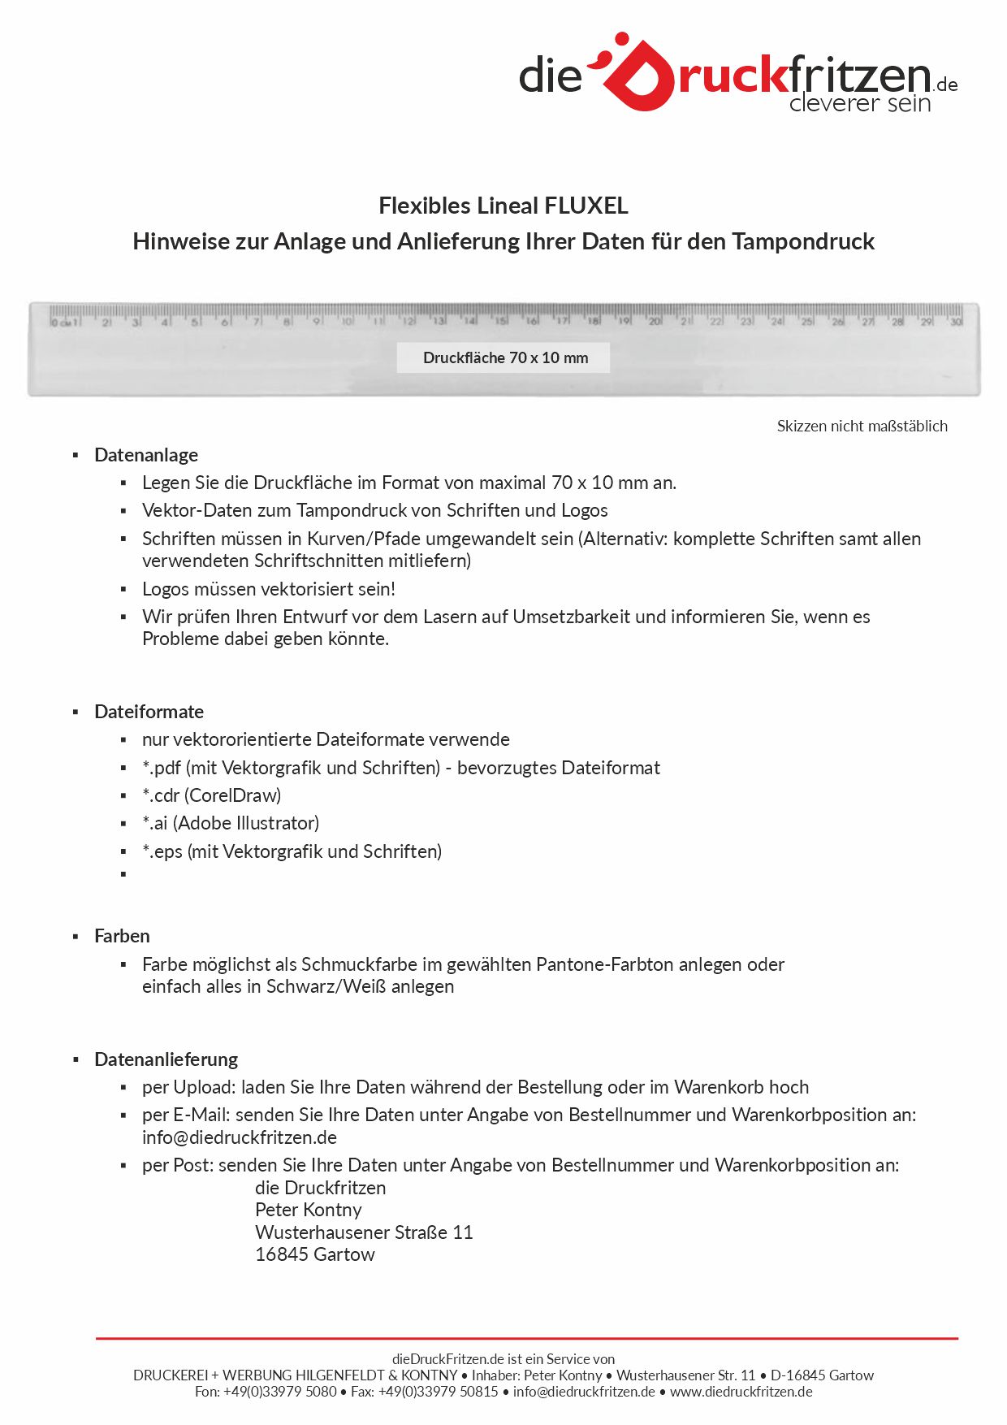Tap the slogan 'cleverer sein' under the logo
pyautogui.click(x=859, y=103)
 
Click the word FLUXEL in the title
pyautogui.click(x=586, y=206)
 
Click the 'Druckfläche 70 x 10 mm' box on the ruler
pyautogui.click(x=504, y=357)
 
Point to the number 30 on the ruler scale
pyautogui.click(x=956, y=322)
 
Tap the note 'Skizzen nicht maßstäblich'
pyautogui.click(x=862, y=426)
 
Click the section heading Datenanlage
pyautogui.click(x=146, y=455)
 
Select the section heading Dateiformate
pyautogui.click(x=149, y=712)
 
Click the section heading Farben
pyautogui.click(x=122, y=936)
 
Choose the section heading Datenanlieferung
pyautogui.click(x=166, y=1059)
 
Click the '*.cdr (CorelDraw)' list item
pyautogui.click(x=211, y=795)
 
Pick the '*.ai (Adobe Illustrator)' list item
pyautogui.click(x=231, y=823)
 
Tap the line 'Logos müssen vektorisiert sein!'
pyautogui.click(x=269, y=589)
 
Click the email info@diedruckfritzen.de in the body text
pyautogui.click(x=240, y=1137)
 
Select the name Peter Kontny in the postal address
pyautogui.click(x=308, y=1210)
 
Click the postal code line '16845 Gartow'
pyautogui.click(x=315, y=1254)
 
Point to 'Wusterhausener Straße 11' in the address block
pyautogui.click(x=364, y=1232)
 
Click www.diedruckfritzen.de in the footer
pyautogui.click(x=741, y=1392)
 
